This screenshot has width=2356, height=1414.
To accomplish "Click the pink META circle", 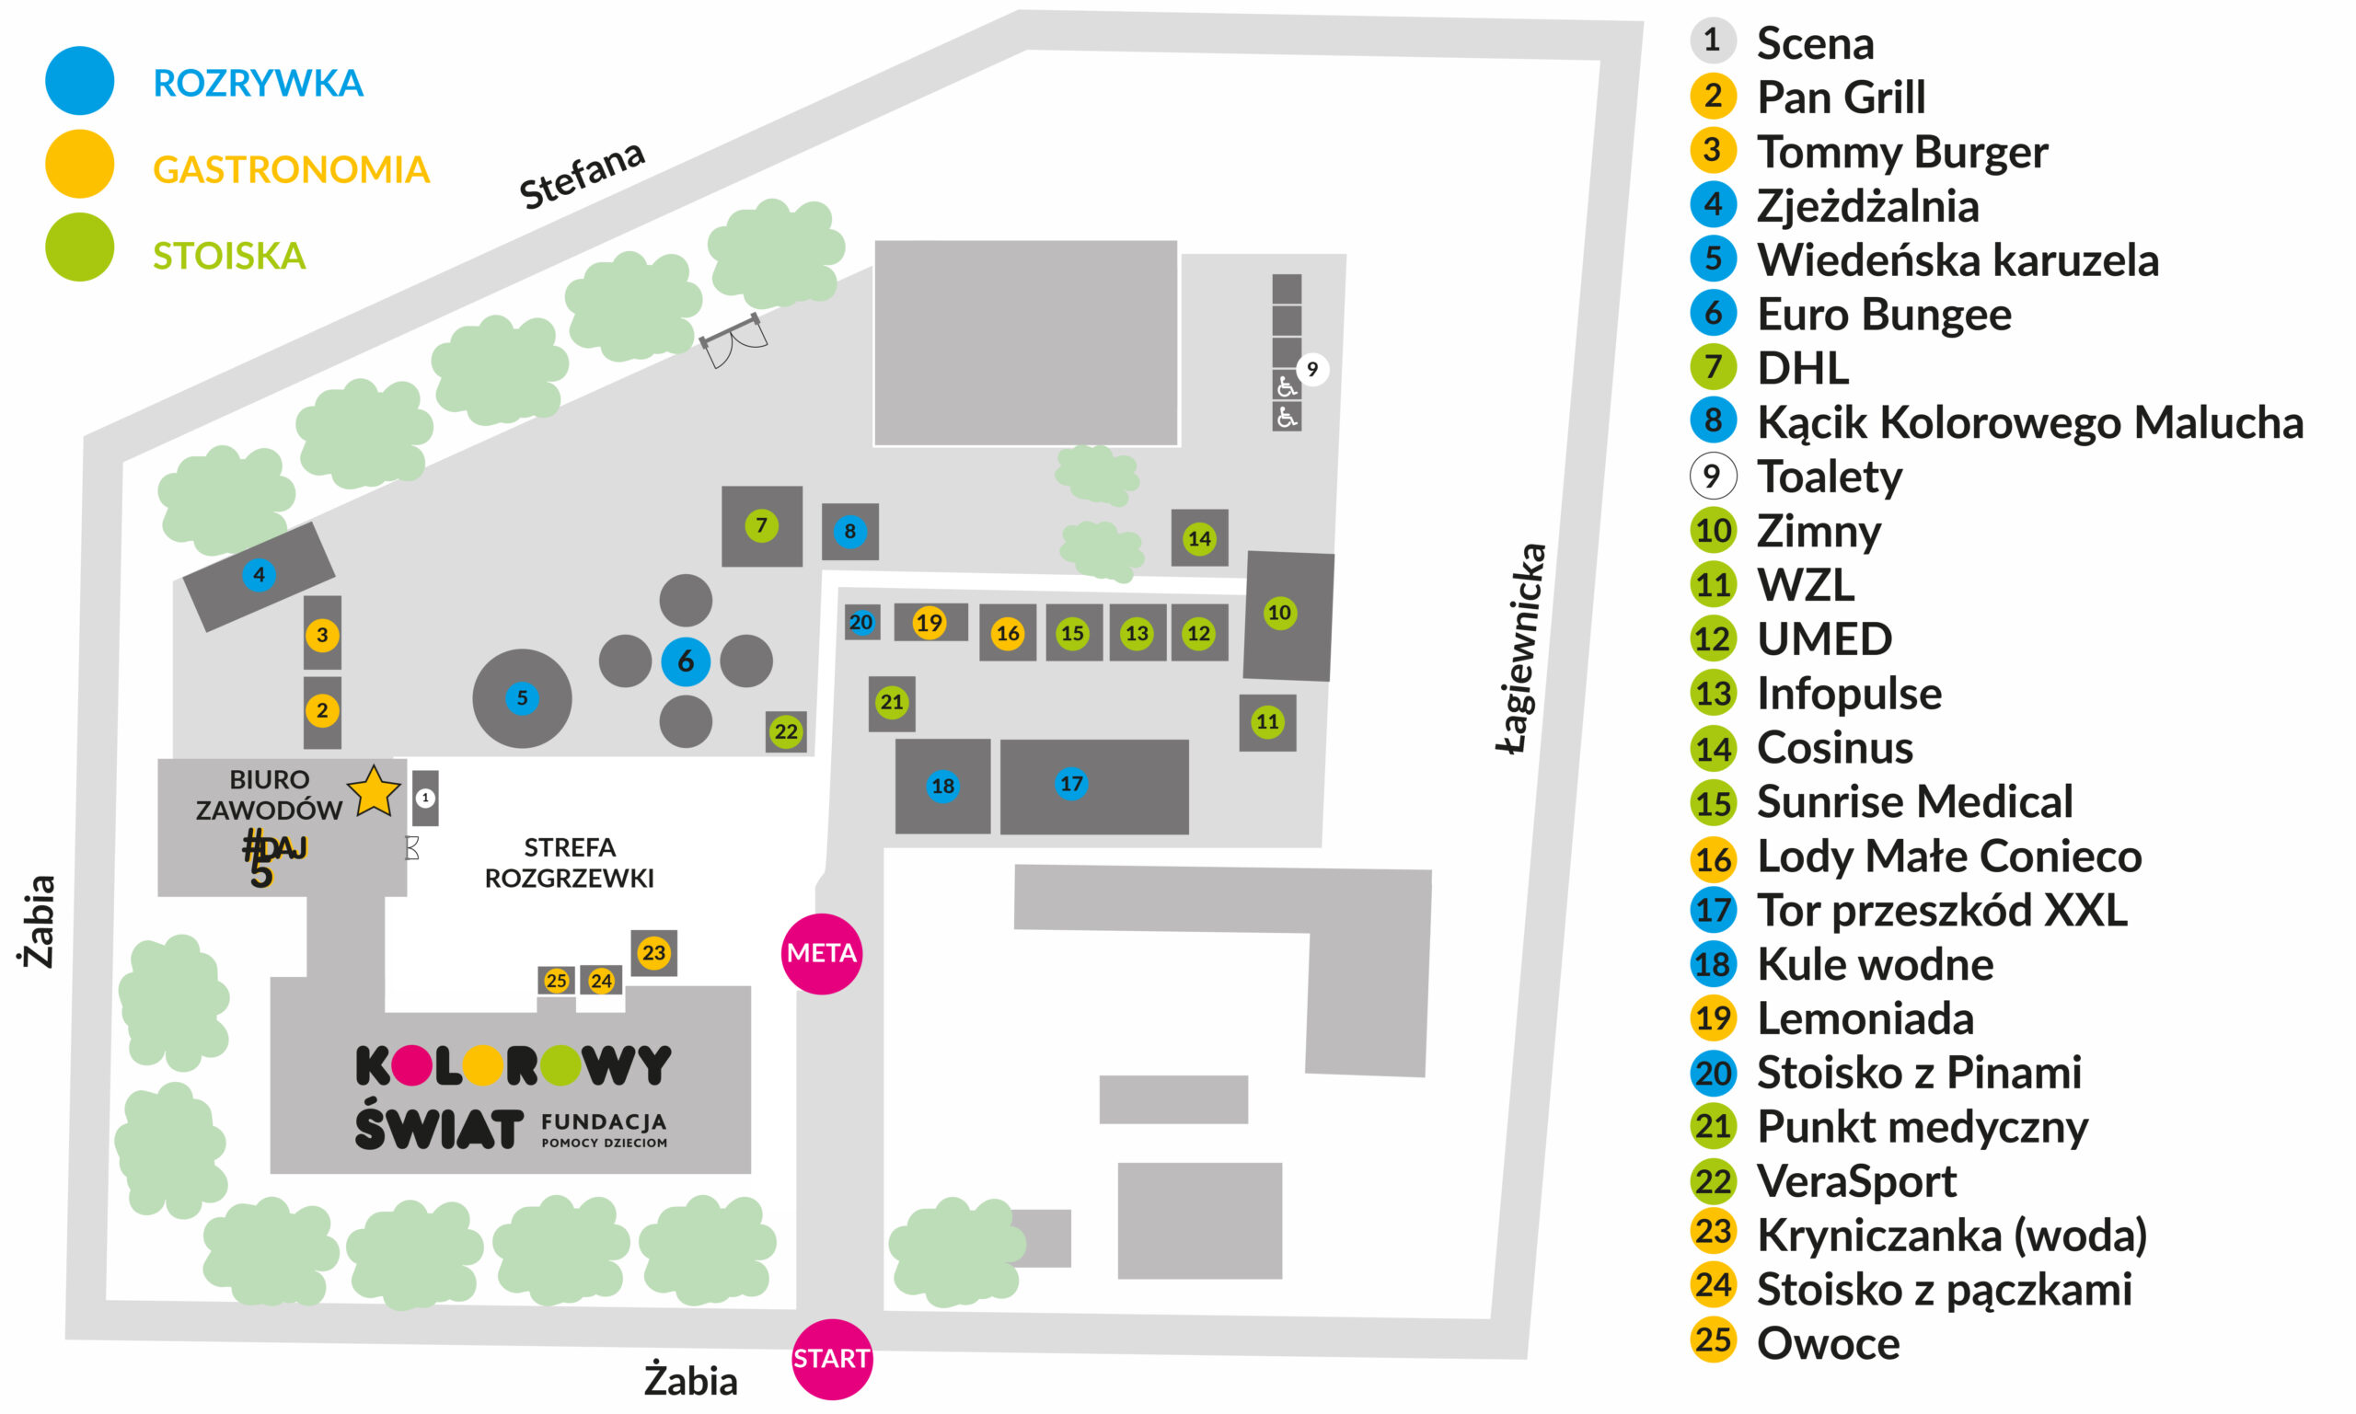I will [822, 953].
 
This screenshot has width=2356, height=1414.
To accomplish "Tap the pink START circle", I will [831, 1358].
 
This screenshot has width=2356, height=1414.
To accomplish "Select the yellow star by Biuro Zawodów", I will [374, 792].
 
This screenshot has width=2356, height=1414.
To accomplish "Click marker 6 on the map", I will [686, 661].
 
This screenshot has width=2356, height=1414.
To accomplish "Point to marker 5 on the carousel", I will [521, 697].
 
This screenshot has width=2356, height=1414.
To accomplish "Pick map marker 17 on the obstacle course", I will [1071, 783].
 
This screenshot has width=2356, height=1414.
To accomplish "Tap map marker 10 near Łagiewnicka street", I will [1279, 613].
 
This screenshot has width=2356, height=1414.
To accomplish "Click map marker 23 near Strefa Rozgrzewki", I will [653, 952].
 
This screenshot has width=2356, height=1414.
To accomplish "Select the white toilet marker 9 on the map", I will [1312, 369].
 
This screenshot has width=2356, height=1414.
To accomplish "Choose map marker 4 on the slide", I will [259, 575].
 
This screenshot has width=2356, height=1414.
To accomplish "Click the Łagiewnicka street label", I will [1521, 648].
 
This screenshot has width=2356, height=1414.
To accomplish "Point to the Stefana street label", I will [582, 176].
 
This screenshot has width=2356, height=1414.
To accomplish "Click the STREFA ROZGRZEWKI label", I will [569, 862].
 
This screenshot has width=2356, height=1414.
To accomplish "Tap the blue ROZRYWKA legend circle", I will [80, 81].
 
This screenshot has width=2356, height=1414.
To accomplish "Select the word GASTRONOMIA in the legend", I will [291, 169].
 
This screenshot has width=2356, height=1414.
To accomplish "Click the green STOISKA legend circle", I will [80, 247].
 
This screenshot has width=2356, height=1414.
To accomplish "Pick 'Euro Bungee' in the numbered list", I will [1883, 315].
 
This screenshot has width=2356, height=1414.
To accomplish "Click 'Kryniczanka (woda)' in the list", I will [1951, 1235].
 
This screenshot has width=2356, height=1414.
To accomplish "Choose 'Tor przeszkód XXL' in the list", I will [1942, 910].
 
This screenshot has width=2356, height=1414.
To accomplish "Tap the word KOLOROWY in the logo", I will [513, 1065].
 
